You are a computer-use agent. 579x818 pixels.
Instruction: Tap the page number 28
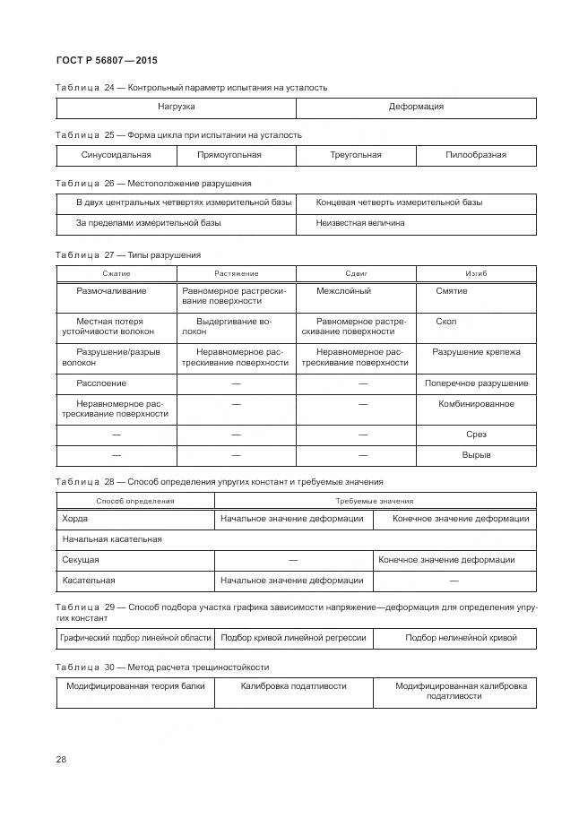click(x=61, y=760)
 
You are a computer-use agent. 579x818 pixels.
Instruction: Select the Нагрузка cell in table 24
click(x=177, y=107)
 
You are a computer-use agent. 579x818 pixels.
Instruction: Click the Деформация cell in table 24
click(x=416, y=107)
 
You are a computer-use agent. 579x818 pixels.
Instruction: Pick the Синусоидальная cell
click(x=116, y=155)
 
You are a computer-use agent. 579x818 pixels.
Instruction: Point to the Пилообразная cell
click(x=476, y=155)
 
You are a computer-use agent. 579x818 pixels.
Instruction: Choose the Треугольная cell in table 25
click(x=356, y=155)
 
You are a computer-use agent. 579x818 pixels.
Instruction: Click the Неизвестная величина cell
click(x=360, y=222)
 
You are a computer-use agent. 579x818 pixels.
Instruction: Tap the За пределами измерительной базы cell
click(x=148, y=222)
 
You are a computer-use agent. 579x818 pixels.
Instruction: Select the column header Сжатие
click(x=117, y=273)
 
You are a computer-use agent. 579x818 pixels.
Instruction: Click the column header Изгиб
click(x=476, y=273)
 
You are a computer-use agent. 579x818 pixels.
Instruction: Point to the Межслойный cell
click(x=343, y=291)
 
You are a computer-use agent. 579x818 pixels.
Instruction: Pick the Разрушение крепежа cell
click(x=476, y=352)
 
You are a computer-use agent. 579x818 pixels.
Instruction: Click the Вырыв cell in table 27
click(x=476, y=455)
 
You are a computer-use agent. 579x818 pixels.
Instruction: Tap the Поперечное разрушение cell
click(x=476, y=383)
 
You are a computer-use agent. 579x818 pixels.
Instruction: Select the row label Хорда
click(x=74, y=518)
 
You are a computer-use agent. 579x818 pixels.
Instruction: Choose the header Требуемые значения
click(x=375, y=501)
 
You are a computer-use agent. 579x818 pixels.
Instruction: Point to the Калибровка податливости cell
click(x=293, y=685)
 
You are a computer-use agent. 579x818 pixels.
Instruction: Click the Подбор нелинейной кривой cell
click(x=462, y=638)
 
